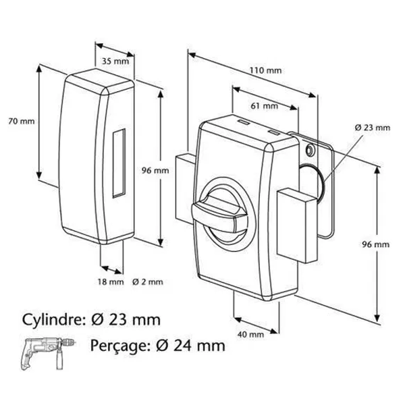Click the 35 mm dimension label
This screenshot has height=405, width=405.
[x=115, y=61]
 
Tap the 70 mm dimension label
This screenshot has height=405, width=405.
[x=22, y=121]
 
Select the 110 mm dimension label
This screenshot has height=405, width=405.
[x=265, y=70]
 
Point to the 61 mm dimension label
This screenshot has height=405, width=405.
[x=265, y=106]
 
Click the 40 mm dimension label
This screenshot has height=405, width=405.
[x=251, y=335]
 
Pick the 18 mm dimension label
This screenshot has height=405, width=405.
[x=111, y=281]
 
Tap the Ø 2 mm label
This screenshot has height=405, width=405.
[x=148, y=281]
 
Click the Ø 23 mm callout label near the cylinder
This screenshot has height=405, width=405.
[x=372, y=128]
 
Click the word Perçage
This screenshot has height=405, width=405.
[x=120, y=346]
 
